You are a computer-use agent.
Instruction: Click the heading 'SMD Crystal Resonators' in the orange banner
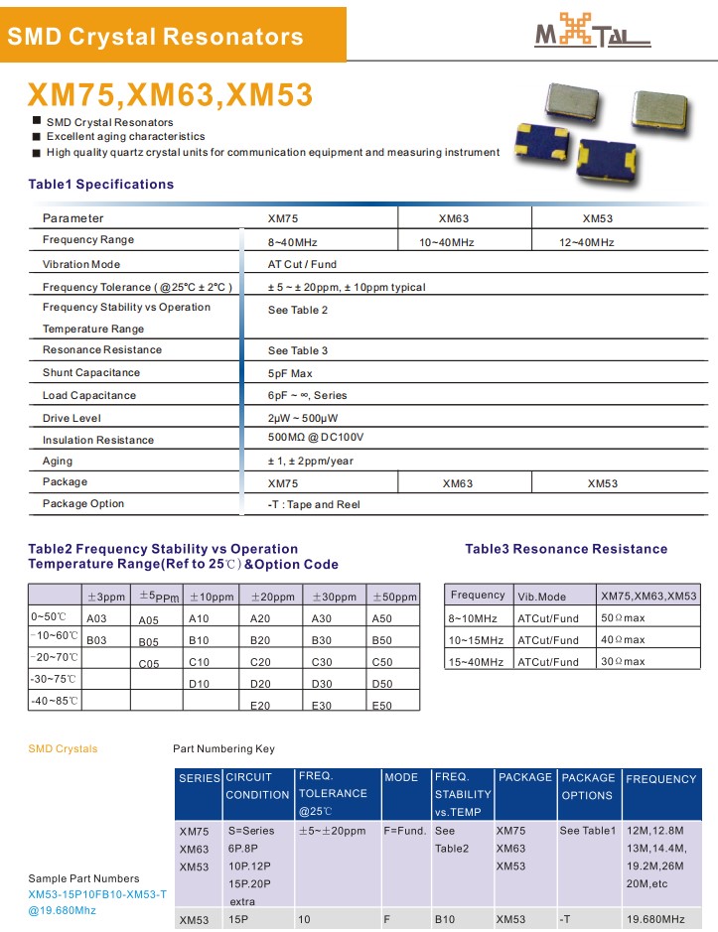coord(155,38)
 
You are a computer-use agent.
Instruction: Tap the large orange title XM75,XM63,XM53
coord(170,94)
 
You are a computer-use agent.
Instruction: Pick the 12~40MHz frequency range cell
coord(587,242)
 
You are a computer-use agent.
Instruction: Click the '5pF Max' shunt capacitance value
coord(290,373)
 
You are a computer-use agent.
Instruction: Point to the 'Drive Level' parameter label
coord(72,418)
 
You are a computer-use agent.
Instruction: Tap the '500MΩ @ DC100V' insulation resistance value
coord(316,438)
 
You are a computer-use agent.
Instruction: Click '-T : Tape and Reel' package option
coord(314,504)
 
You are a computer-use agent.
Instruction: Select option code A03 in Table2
coord(96,618)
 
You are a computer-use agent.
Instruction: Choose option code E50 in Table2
coord(381,706)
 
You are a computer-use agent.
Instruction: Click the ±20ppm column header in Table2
coord(272,597)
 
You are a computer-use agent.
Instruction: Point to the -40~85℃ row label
coord(55,701)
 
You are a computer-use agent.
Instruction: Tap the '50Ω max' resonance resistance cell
coord(623,618)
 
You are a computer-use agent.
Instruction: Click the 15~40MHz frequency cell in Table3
coord(477,662)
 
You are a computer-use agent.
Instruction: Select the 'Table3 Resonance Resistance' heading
coord(566,549)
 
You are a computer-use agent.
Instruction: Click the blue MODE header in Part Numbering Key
coord(401,777)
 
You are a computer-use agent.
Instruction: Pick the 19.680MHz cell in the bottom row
coord(655,919)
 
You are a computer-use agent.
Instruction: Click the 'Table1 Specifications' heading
coord(101,184)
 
